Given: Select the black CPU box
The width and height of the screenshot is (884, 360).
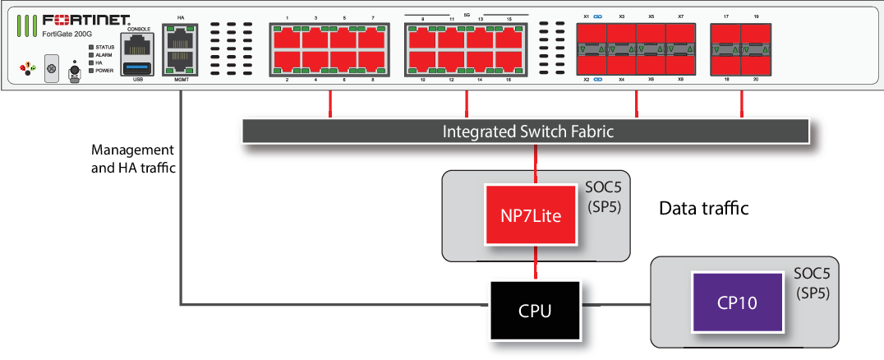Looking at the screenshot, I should (x=535, y=312).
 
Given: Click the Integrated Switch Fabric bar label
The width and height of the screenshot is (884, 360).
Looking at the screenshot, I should (x=527, y=131).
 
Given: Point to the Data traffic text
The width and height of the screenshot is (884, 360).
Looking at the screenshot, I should (x=704, y=209).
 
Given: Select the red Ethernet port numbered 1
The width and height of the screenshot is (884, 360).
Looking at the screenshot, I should (x=287, y=39).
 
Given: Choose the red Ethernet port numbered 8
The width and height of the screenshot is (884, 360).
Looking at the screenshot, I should (x=372, y=62).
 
